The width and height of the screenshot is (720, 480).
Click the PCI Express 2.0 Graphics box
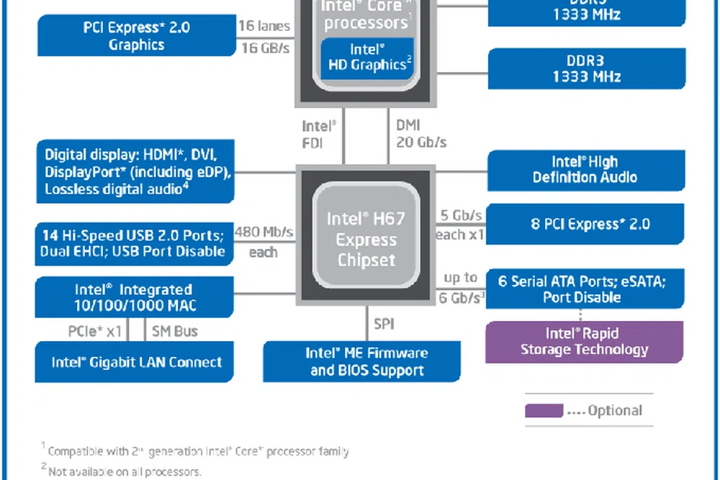pos(137,36)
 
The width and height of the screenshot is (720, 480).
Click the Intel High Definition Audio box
pos(585,170)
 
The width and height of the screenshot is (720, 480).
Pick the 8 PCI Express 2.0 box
pos(585,224)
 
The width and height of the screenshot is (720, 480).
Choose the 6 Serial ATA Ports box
pos(585,289)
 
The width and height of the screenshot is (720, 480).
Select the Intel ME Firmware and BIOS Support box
pos(361,361)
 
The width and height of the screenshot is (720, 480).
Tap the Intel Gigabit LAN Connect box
pos(135,362)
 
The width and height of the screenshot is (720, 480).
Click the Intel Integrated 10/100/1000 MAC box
pos(135,297)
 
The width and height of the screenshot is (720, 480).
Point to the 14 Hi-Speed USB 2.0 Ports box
pos(135,243)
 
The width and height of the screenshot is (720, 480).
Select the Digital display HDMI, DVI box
pos(135,172)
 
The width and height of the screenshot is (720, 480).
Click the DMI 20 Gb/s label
pos(420,134)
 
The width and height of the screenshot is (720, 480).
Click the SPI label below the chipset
pos(384,324)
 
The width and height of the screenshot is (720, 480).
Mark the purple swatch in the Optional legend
pos(544,411)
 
